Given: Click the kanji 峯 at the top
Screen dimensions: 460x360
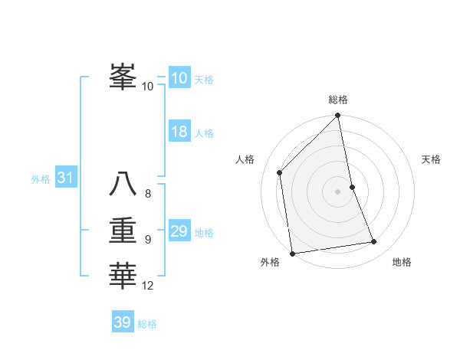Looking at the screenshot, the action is pos(123,77).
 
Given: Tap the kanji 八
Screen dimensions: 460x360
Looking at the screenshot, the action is pos(123,184).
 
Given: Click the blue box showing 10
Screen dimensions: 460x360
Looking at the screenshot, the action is pos(179,77).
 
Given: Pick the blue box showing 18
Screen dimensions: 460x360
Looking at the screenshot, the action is pos(179,132).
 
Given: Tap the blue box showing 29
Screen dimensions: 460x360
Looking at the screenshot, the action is pos(179,231).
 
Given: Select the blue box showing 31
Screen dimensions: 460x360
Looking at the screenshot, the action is pos(65,178).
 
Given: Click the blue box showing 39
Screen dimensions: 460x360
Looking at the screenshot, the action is pos(123,322).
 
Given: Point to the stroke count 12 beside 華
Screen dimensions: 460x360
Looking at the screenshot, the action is pos(148,286).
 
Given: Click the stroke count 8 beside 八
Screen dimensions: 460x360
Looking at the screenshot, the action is pos(148,194).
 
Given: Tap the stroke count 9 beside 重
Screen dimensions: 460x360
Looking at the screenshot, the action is pos(148,240).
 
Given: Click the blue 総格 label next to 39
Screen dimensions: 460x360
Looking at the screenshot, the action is pos(147,324).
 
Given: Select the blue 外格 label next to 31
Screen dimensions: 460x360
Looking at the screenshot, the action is pos(41,179).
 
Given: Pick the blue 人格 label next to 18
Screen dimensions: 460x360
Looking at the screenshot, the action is pos(204,133).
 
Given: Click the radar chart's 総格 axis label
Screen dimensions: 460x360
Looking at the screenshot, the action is pos(338,100).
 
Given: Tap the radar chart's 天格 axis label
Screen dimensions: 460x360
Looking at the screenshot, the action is pos(432,159).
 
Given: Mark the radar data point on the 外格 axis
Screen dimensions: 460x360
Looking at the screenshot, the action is pos(292,254).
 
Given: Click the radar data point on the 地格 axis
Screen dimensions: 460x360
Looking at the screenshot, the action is pos(374,242).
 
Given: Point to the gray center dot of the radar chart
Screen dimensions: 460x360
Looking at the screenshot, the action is pos(338,191).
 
